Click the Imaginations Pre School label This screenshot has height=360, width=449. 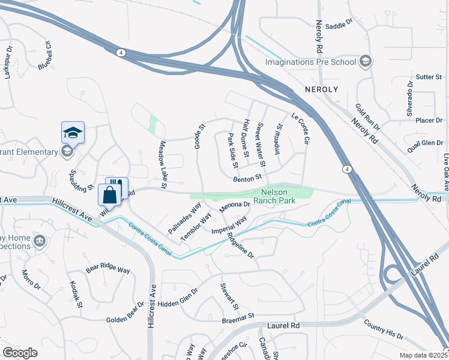click(311, 62)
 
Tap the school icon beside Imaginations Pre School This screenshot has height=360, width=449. click(364, 61)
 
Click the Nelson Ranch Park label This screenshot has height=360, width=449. click(275, 197)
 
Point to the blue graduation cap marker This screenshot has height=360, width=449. click(73, 132)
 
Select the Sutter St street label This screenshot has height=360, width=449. click(429, 77)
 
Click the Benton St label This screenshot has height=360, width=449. click(248, 178)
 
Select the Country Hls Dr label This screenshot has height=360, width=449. click(383, 331)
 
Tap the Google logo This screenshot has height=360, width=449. click(20, 353)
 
